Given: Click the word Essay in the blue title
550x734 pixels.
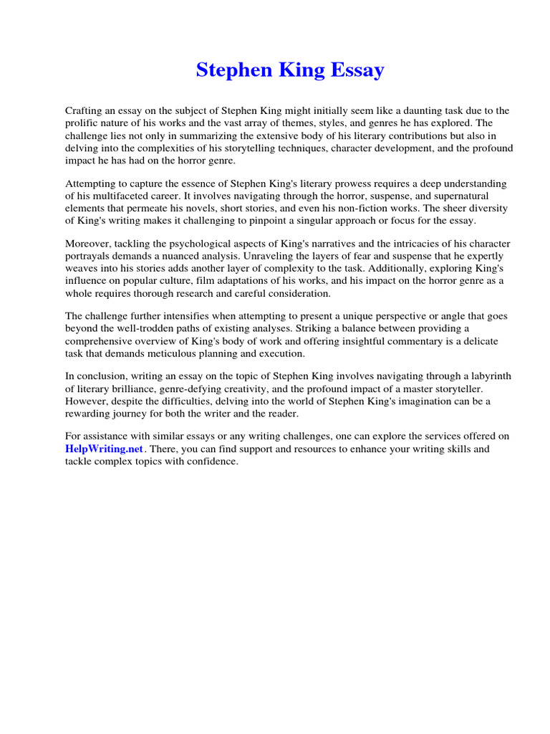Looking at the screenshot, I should (356, 70).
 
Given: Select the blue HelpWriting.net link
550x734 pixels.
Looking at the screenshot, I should (105, 449).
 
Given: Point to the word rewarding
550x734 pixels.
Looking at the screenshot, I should (92, 414).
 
